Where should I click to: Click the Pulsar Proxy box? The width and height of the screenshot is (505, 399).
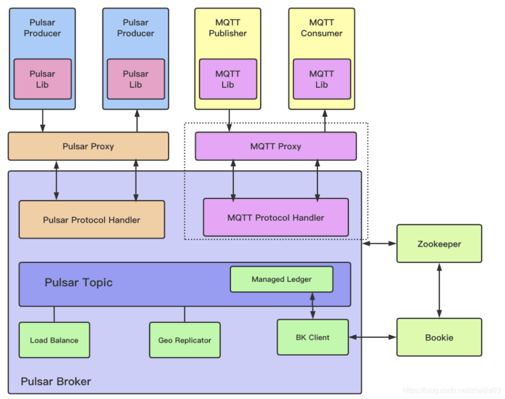click(x=88, y=146)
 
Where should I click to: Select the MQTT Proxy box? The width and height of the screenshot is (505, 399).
click(x=275, y=146)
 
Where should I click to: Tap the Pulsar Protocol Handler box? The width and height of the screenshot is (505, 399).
click(x=92, y=220)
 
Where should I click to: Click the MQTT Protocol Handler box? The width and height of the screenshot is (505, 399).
click(x=275, y=217)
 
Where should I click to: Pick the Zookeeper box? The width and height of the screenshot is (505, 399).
click(x=439, y=244)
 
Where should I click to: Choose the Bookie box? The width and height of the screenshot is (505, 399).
click(x=439, y=337)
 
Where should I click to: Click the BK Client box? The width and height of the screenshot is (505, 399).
click(x=312, y=337)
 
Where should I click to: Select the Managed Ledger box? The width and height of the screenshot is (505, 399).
click(x=281, y=279)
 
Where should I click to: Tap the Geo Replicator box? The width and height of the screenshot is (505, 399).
click(x=185, y=340)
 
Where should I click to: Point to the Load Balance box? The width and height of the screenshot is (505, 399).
click(x=54, y=340)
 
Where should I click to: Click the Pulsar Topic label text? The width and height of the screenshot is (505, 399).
click(x=79, y=283)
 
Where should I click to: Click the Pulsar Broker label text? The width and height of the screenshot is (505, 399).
click(x=56, y=381)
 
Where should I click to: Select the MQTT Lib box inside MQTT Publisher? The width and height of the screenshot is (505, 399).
click(x=228, y=79)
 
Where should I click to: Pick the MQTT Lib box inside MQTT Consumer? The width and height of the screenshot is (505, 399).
click(x=321, y=79)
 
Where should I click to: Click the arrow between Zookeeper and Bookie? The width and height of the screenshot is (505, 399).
click(x=439, y=290)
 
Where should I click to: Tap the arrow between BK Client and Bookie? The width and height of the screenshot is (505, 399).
click(x=372, y=337)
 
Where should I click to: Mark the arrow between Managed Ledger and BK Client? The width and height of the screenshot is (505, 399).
click(x=312, y=306)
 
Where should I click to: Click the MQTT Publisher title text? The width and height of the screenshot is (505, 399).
click(x=228, y=28)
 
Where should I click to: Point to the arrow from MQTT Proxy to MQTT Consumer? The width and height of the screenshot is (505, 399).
click(x=325, y=121)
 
